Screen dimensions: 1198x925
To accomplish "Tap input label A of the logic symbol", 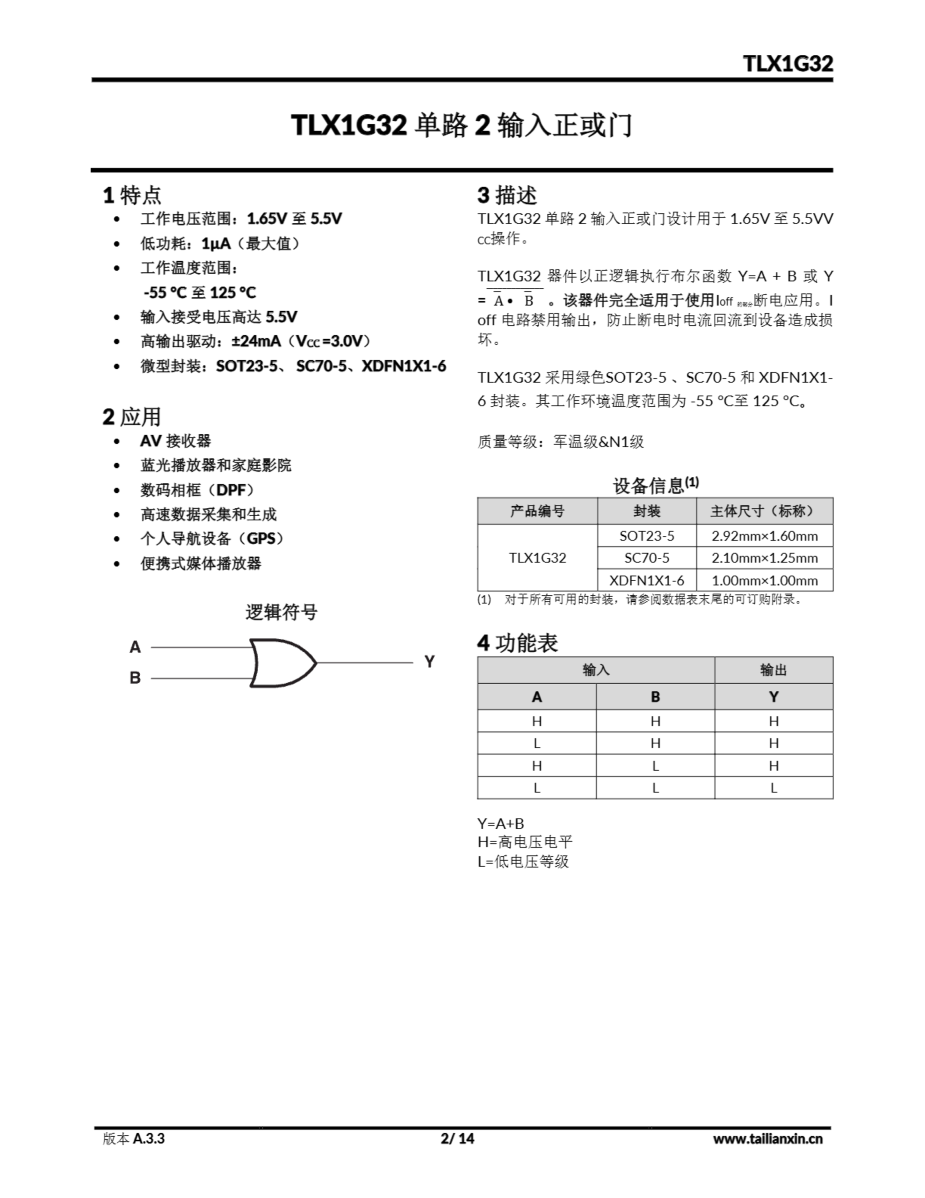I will click(135, 647).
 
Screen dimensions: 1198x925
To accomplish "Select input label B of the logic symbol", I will click(135, 678).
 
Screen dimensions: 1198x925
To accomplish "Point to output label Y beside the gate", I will click(429, 662).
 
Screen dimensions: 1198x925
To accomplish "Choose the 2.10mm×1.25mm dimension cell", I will click(764, 558).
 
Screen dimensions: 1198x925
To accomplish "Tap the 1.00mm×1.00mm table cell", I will click(764, 580).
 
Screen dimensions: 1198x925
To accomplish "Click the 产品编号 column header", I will click(537, 511).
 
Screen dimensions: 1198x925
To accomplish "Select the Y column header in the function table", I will click(773, 697).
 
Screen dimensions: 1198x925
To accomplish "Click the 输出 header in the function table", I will click(773, 670).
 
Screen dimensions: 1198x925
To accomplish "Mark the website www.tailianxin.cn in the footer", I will click(767, 1139).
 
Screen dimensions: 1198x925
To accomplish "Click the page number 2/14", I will click(457, 1139).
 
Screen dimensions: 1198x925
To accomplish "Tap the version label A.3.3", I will click(148, 1139).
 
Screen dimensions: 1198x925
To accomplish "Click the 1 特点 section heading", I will click(132, 195).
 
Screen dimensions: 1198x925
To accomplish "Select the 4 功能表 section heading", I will click(517, 643).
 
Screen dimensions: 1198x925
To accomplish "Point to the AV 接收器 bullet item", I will click(175, 441).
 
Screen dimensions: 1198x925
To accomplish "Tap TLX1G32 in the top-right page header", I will click(788, 64).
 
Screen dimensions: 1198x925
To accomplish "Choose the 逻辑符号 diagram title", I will click(281, 612).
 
